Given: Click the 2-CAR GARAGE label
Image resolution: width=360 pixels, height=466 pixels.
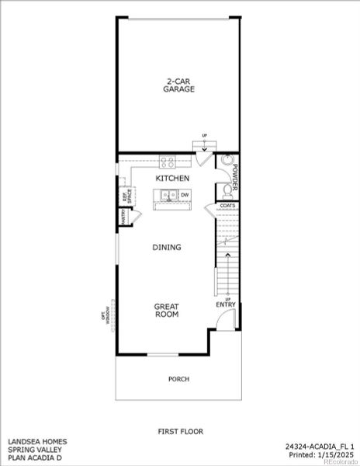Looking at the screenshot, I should [178, 85].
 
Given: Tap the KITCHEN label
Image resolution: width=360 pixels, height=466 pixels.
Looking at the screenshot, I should [172, 178].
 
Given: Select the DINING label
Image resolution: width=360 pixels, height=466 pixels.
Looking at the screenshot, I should [166, 248].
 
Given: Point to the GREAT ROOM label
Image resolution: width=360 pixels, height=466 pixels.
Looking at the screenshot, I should [166, 311].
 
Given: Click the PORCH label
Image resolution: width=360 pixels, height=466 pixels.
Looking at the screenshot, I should [178, 379].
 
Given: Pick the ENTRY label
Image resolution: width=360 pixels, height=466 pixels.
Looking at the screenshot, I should [226, 304].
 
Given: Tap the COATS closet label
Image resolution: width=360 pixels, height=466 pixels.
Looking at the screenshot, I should [227, 206].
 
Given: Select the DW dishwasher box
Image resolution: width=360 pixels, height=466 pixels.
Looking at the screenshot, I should [185, 195].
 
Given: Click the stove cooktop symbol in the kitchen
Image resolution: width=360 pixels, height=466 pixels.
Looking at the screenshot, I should [166, 162].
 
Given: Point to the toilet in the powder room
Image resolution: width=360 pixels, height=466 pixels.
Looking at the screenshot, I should [227, 189].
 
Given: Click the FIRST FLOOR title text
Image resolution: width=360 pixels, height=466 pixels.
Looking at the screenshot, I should [179, 429].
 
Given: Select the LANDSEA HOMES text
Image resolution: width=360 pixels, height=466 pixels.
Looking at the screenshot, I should [37, 441].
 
